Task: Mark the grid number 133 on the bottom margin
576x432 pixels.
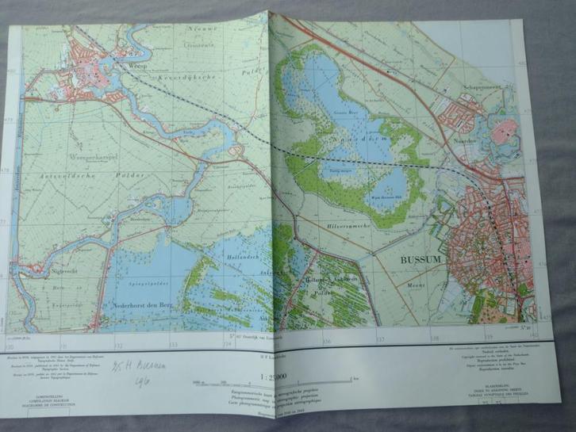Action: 173,345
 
